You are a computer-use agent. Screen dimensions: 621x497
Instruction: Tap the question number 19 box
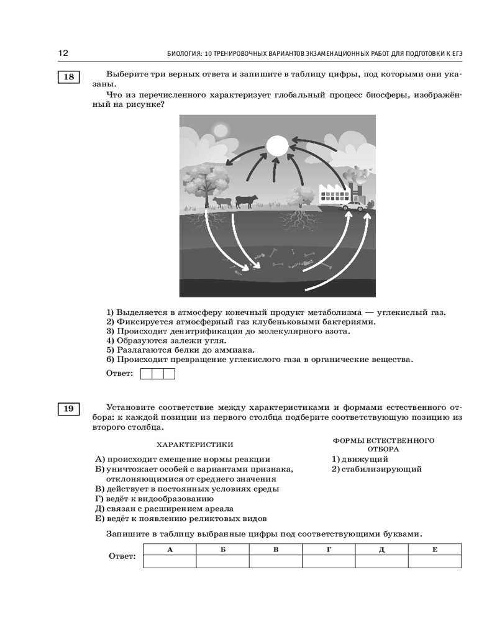[68, 409]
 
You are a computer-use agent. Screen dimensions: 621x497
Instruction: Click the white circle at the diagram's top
[277, 147]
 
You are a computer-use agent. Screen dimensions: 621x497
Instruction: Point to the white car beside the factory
[353, 205]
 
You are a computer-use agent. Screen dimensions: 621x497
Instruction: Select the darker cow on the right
[246, 201]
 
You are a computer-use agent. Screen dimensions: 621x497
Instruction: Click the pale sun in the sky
[220, 129]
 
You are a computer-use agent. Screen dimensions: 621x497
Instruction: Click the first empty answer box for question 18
[147, 373]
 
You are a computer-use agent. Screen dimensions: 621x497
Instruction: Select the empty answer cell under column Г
[329, 561]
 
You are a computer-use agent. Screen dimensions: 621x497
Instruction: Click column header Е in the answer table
[434, 549]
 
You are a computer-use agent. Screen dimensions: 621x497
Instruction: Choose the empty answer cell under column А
[170, 561]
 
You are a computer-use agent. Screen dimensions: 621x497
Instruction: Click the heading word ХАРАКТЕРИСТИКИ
[194, 445]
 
